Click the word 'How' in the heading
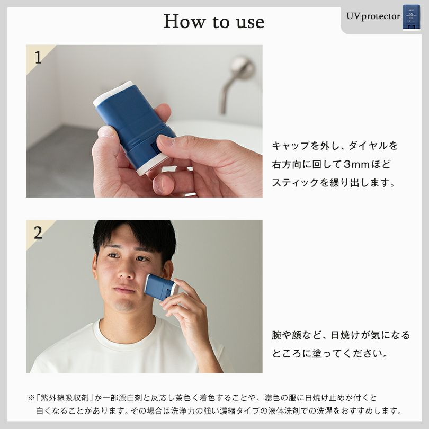pyautogui.click(x=184, y=21)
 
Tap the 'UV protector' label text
pyautogui.click(x=373, y=16)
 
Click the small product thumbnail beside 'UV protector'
pyautogui.click(x=412, y=17)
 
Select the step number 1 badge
pyautogui.click(x=38, y=57)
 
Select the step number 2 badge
pyautogui.click(x=38, y=233)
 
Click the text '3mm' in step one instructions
pyautogui.click(x=356, y=164)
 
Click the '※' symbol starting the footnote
pyautogui.click(x=31, y=398)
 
